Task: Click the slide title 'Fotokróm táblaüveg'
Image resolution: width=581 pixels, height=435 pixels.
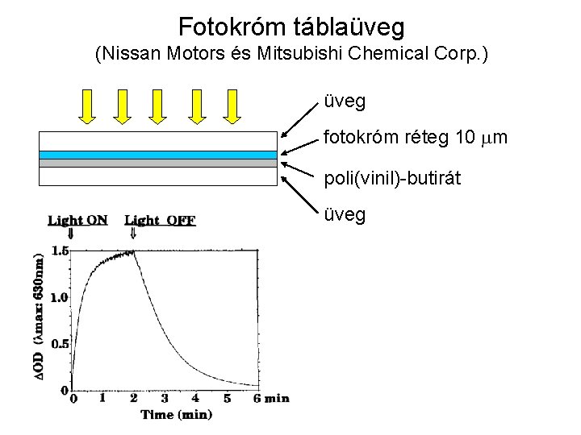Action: pyautogui.click(x=290, y=27)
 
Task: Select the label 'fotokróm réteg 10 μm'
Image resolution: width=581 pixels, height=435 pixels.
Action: pyautogui.click(x=416, y=138)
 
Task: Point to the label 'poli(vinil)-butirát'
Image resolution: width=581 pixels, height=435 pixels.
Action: pyautogui.click(x=392, y=178)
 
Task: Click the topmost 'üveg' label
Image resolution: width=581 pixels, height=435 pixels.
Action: pyautogui.click(x=345, y=101)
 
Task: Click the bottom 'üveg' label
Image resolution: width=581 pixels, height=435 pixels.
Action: pyautogui.click(x=345, y=214)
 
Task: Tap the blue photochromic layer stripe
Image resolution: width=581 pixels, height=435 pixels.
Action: pyautogui.click(x=157, y=155)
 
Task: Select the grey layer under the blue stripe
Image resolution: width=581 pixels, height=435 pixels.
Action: pyautogui.click(x=157, y=163)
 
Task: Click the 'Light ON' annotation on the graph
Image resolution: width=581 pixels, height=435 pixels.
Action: pyautogui.click(x=77, y=220)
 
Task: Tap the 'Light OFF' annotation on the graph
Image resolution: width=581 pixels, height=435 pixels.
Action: pyautogui.click(x=160, y=220)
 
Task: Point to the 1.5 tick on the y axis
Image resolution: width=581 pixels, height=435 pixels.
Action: pyautogui.click(x=60, y=251)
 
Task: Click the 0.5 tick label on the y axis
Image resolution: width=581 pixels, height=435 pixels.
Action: pyautogui.click(x=60, y=344)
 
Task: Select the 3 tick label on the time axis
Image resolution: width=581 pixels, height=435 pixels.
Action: pyautogui.click(x=165, y=398)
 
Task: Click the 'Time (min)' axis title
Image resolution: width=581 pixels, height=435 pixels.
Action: pyautogui.click(x=177, y=415)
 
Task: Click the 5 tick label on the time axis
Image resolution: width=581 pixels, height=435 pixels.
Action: pyautogui.click(x=227, y=398)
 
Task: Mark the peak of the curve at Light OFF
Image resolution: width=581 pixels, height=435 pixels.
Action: pyautogui.click(x=133, y=251)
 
